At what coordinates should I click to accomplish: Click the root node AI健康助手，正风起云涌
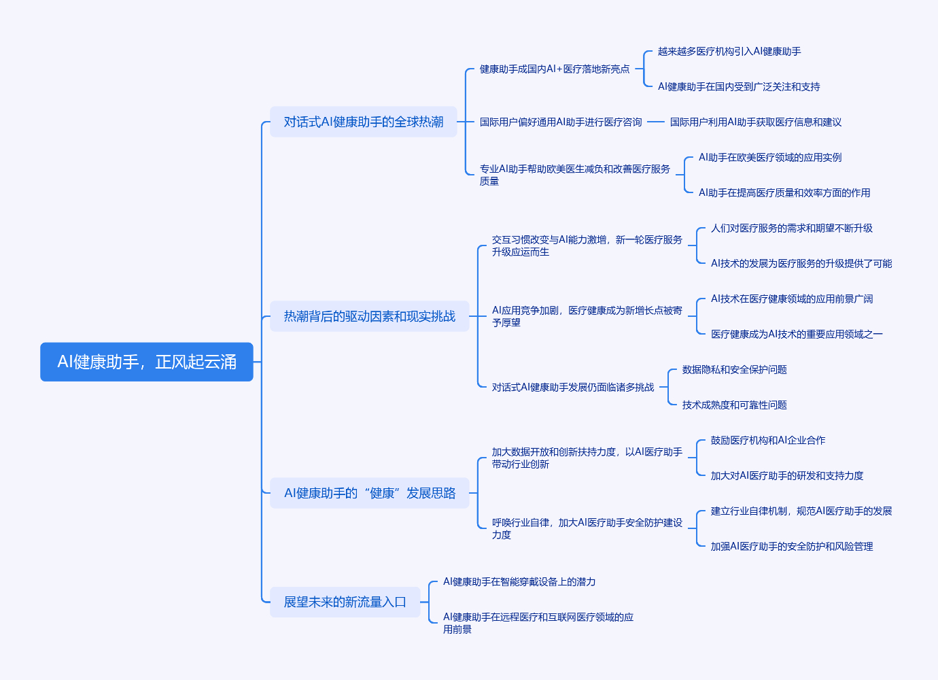(x=147, y=362)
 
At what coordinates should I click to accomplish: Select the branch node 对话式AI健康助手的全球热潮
(x=364, y=122)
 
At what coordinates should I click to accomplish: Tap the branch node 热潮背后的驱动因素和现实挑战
(x=370, y=316)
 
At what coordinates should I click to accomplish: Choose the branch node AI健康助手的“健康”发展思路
(x=370, y=493)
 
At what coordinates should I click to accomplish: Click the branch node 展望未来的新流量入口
(x=345, y=602)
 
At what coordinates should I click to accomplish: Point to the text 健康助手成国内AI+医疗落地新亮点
(x=555, y=69)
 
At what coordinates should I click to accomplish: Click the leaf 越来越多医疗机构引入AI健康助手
(x=729, y=52)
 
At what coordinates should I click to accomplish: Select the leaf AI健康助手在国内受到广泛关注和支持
(x=739, y=87)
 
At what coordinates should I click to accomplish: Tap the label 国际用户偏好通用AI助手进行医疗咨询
(x=561, y=122)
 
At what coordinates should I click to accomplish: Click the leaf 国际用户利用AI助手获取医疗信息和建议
(x=756, y=122)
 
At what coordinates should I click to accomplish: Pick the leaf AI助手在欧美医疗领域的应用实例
(x=770, y=158)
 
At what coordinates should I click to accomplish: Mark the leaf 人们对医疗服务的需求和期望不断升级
(x=792, y=228)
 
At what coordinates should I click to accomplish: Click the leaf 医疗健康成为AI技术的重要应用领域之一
(x=797, y=335)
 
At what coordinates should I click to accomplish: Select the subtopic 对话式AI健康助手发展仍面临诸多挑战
(x=573, y=388)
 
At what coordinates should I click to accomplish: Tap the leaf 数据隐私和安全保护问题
(x=735, y=370)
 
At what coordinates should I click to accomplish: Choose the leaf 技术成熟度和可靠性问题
(x=735, y=405)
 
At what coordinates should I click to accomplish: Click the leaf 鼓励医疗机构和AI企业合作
(x=768, y=441)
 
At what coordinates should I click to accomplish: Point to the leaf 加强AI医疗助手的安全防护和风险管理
(x=792, y=547)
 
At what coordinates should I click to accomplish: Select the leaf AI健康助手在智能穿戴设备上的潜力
(x=519, y=582)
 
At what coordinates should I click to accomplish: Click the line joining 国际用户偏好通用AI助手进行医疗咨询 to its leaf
(x=656, y=122)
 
